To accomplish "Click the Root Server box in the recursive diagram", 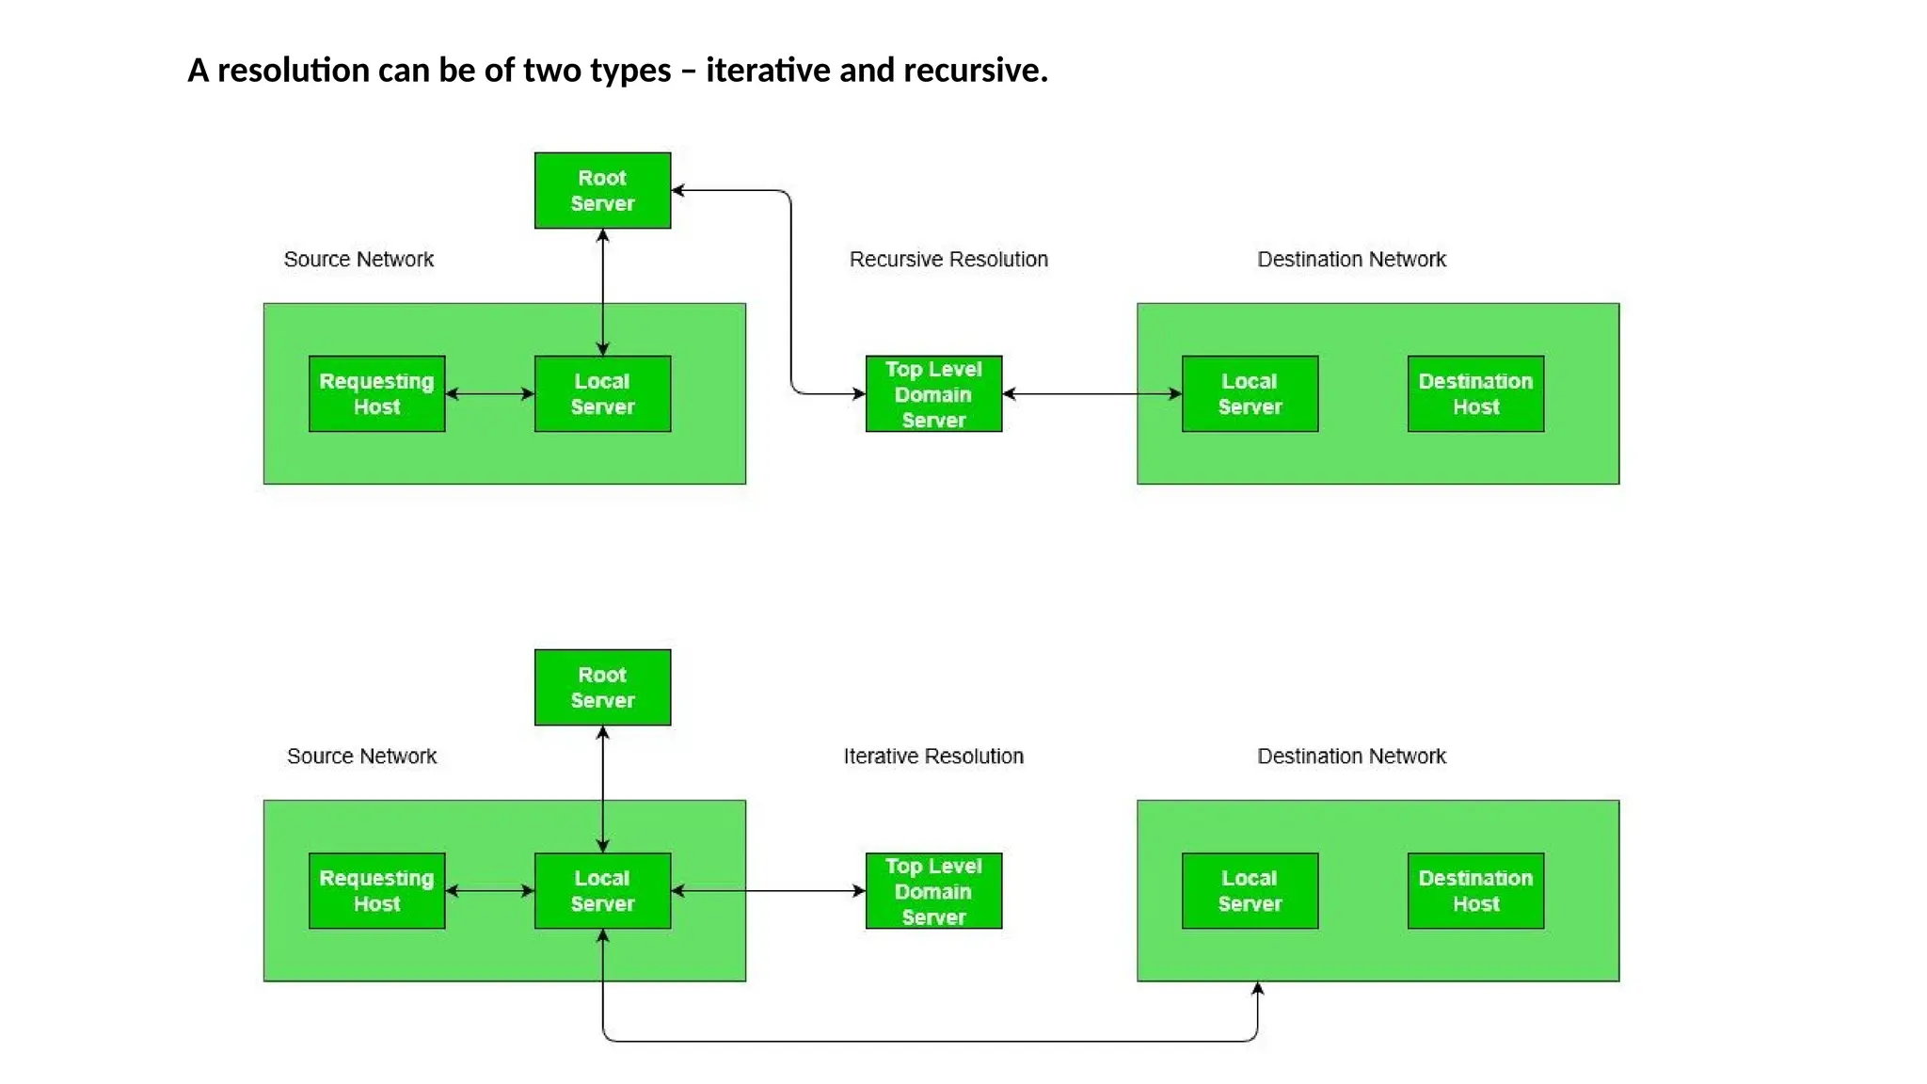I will pos(602,190).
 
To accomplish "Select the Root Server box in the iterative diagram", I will pos(602,687).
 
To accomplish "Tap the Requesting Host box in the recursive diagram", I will pos(376,393).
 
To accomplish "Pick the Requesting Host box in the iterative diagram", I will pos(376,890).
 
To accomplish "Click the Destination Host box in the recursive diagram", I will pos(1475,393).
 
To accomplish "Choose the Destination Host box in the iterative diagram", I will pos(1475,890).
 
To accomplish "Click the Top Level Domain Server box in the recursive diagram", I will pos(933,393).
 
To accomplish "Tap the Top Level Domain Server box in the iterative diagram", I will pos(933,890).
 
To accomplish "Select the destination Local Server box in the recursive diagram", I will pos(1250,393).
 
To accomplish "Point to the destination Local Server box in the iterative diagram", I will pos(1250,890).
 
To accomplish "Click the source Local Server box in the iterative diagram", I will pos(602,890).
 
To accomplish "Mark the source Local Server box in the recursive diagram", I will pos(602,393).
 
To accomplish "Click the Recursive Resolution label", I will pos(948,259).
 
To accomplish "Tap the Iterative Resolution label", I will pos(933,756).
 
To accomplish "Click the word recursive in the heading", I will pos(973,70).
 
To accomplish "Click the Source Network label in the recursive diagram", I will pos(358,259).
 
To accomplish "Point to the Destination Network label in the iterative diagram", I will pos(1351,756).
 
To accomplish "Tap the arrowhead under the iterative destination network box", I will pos(1257,989).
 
